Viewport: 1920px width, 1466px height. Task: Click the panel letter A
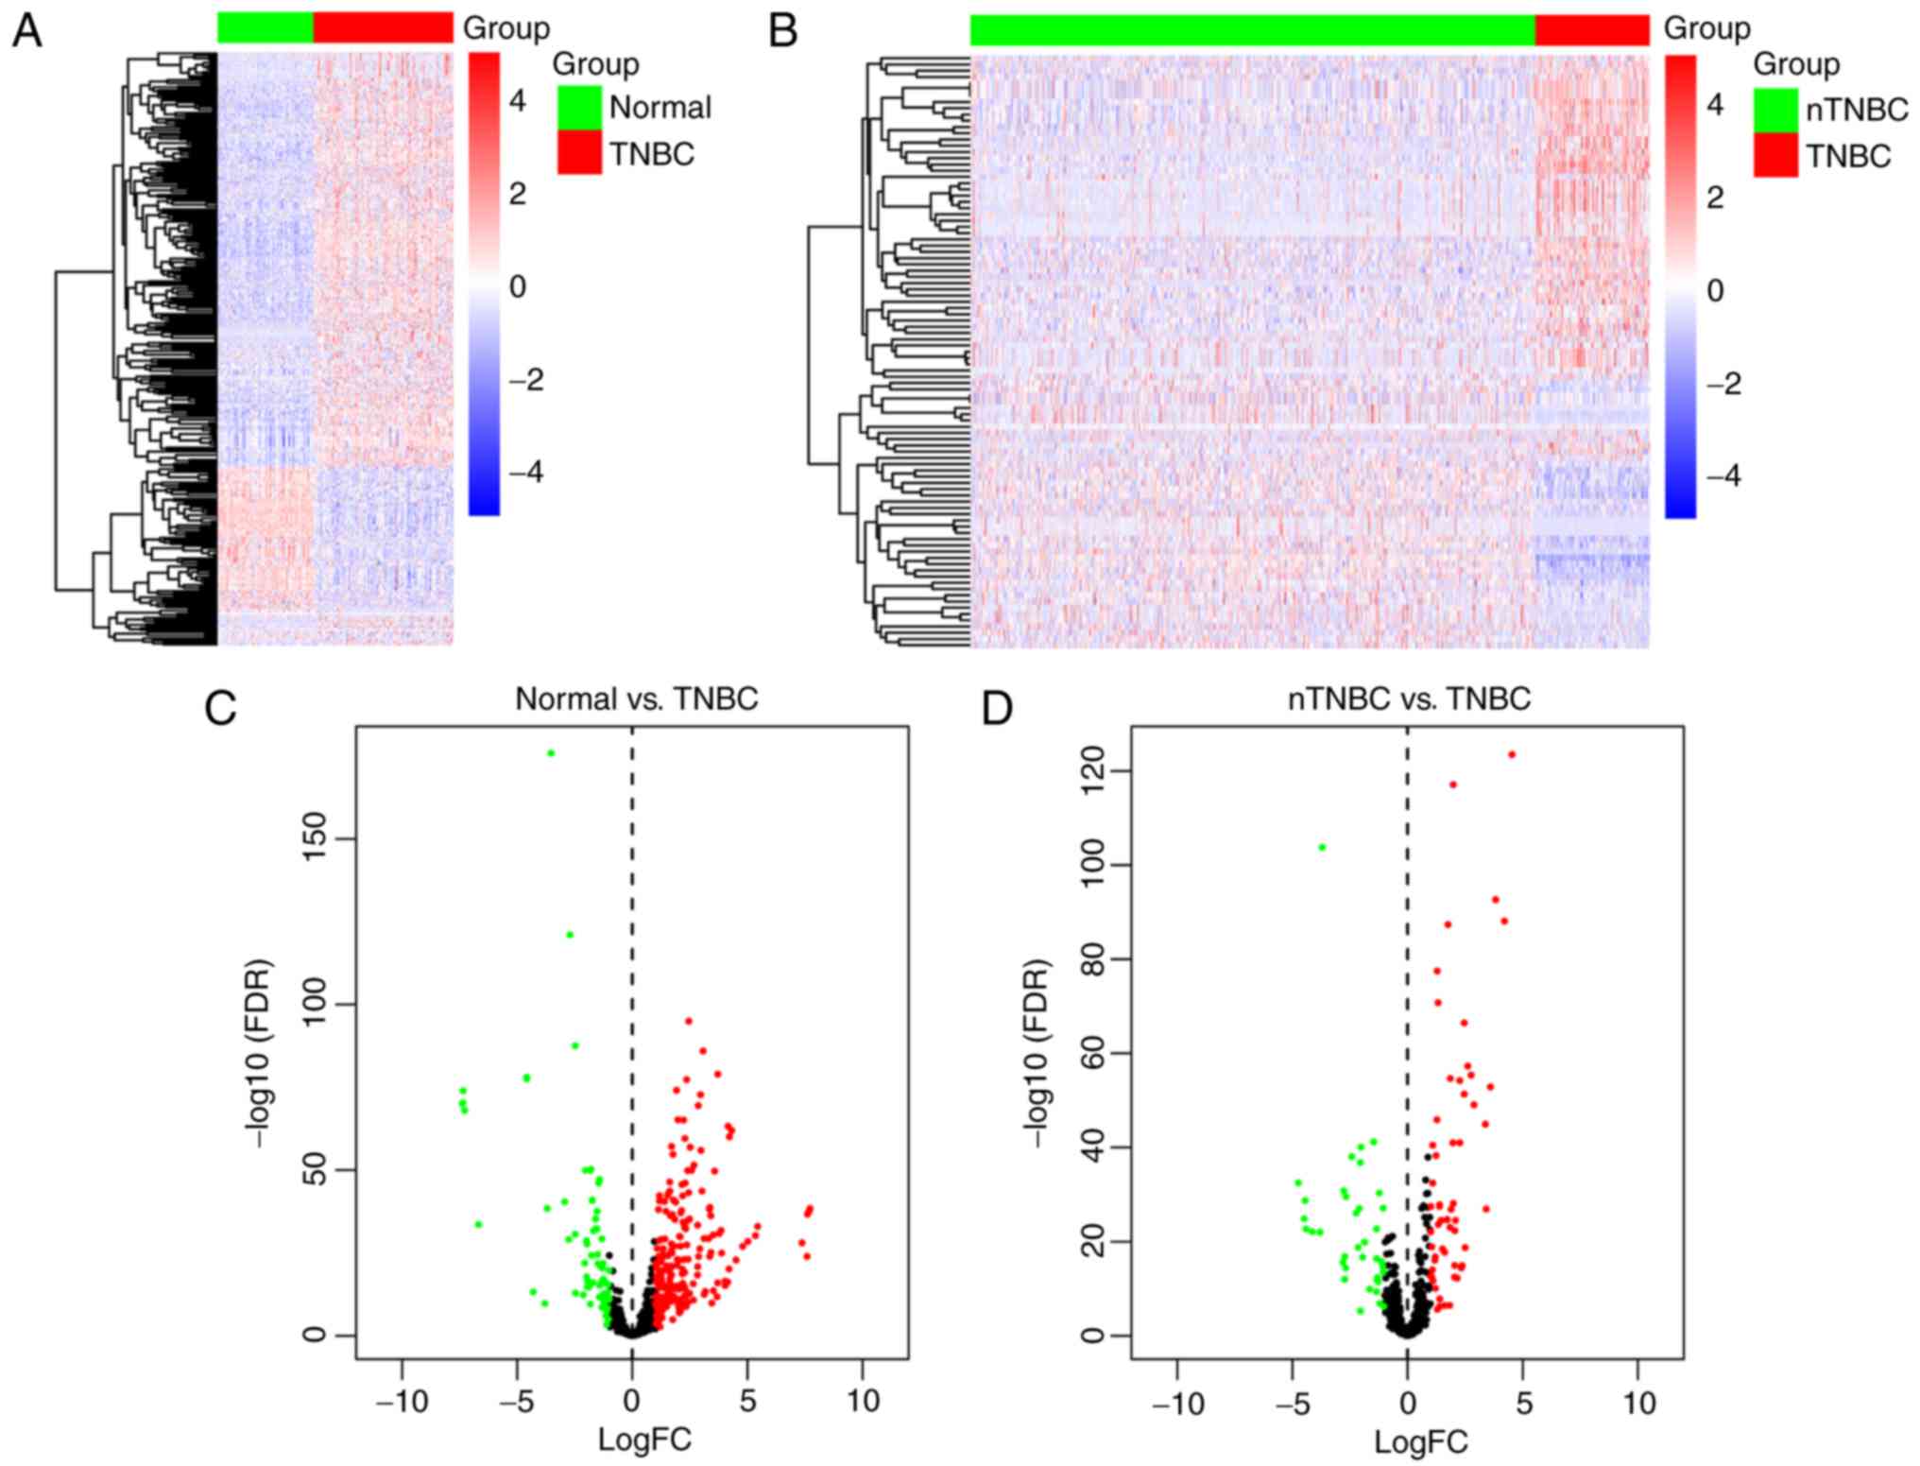(27, 31)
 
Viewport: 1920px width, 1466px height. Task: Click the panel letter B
(783, 31)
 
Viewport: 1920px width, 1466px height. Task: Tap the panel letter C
(220, 708)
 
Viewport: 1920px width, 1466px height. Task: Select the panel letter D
(998, 708)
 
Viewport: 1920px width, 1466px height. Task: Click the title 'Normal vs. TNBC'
(636, 699)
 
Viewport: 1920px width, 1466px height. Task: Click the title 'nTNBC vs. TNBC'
(1409, 699)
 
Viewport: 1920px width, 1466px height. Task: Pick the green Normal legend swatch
(579, 107)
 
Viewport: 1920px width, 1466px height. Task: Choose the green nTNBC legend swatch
(1775, 110)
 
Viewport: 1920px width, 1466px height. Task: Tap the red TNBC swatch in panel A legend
(579, 152)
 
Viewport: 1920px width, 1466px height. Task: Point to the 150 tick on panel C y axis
(319, 838)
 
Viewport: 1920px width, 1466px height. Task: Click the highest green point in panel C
(551, 753)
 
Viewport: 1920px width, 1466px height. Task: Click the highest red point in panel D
(1512, 754)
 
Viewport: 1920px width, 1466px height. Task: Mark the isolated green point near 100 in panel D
(1322, 847)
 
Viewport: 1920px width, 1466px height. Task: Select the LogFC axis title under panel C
(644, 1439)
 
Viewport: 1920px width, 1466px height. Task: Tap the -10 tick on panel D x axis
(1177, 1404)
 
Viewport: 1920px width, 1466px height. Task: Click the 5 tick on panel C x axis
(747, 1401)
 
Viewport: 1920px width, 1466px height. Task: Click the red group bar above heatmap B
(1592, 29)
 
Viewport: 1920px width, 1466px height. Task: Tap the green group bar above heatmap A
(265, 27)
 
